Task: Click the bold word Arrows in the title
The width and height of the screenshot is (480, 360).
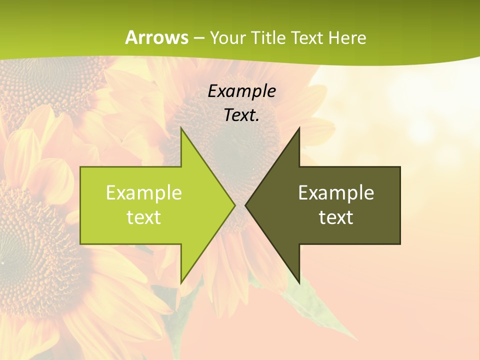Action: coord(156,37)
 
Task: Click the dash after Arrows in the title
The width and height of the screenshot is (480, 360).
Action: coord(198,38)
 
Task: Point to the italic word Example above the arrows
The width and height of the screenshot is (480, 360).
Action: coord(241,91)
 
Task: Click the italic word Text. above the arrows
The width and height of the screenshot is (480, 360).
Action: coord(241,115)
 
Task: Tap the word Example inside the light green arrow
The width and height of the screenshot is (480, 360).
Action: coord(143,192)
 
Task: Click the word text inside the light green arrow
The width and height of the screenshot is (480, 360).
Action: coord(143,217)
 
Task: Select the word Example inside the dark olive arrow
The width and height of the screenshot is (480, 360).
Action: coord(336,192)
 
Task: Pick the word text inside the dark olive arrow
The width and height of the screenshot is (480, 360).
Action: coord(336,217)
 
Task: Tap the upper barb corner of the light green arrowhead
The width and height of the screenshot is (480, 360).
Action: coord(181,129)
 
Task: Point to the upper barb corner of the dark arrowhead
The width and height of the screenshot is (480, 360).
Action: coord(299,129)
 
